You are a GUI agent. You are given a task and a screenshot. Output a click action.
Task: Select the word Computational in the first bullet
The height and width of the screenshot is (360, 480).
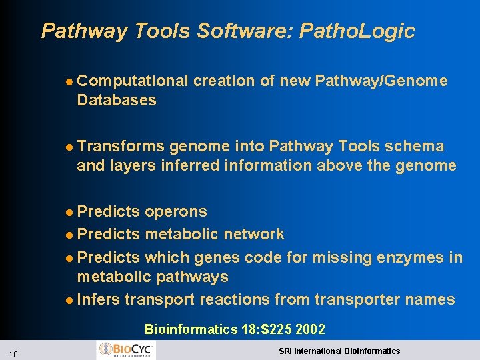[133, 81]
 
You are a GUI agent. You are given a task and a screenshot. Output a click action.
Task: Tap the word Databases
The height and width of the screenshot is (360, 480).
[117, 101]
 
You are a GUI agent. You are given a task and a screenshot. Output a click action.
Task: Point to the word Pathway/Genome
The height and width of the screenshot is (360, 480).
[381, 81]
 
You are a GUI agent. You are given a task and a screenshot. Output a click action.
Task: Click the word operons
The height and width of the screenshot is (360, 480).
[176, 212]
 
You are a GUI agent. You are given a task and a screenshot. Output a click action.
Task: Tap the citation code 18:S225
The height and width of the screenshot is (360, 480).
[265, 329]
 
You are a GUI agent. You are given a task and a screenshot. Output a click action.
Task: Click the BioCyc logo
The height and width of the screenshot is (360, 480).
[126, 350]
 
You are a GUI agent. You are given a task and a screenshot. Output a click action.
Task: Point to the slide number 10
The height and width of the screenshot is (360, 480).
[14, 353]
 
